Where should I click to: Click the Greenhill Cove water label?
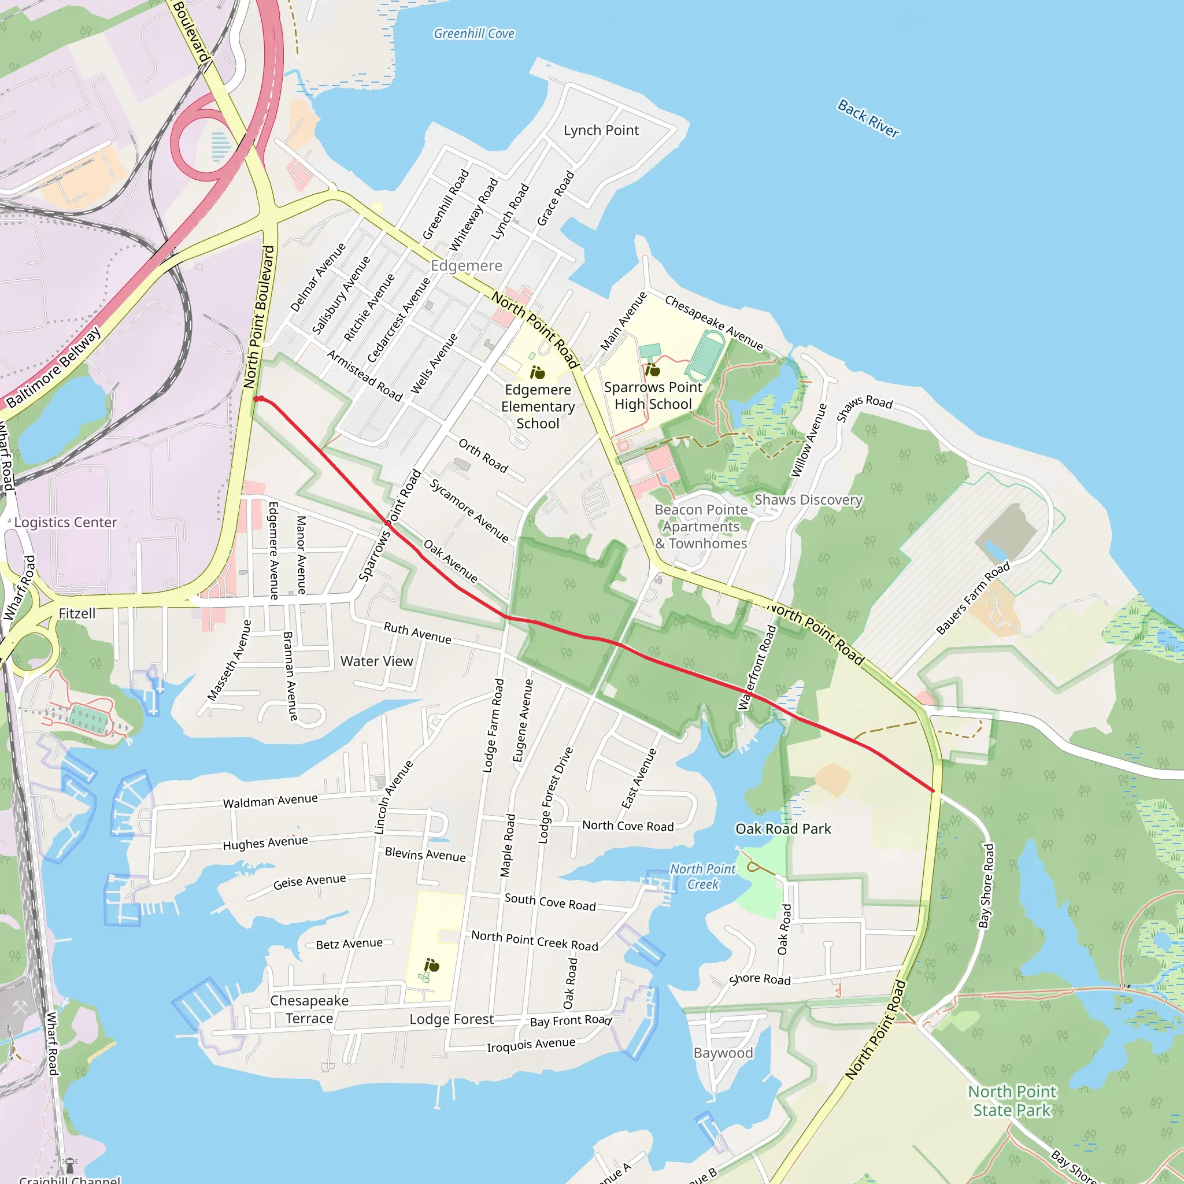(x=473, y=34)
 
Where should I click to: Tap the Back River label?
(x=868, y=119)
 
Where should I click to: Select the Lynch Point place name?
(x=601, y=130)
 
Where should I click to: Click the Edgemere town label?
(x=467, y=265)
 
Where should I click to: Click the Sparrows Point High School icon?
(x=653, y=369)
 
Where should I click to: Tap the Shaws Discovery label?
(x=808, y=500)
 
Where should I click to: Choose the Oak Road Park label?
(x=783, y=828)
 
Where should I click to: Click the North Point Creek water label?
(x=702, y=876)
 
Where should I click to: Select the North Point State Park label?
(x=1012, y=1101)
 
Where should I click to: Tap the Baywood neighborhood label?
(x=723, y=1053)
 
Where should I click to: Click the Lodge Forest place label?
(x=451, y=1019)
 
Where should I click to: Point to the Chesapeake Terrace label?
(x=309, y=1009)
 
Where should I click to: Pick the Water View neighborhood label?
(x=376, y=661)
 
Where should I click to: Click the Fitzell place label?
(x=77, y=613)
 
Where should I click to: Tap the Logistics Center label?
(x=65, y=522)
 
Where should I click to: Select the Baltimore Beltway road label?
(x=53, y=368)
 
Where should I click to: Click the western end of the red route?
(x=256, y=399)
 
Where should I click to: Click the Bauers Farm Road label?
(x=973, y=598)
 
